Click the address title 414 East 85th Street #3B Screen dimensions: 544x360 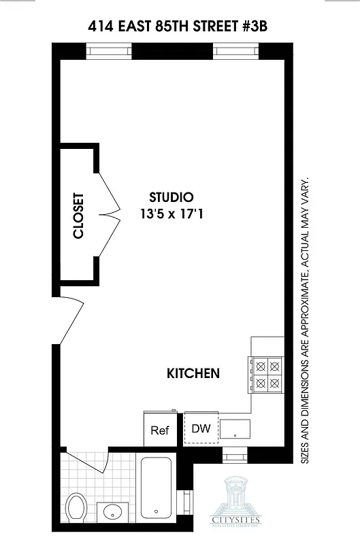180,27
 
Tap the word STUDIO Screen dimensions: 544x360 171,197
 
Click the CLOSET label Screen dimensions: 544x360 78,216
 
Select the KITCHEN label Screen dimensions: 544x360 193,373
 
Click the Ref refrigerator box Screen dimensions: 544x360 160,430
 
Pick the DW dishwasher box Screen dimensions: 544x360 200,428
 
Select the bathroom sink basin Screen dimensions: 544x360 111,512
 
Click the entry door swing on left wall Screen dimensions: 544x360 71,319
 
